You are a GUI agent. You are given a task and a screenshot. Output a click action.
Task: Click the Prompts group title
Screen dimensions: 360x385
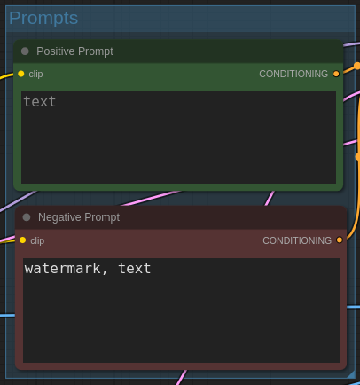point(43,19)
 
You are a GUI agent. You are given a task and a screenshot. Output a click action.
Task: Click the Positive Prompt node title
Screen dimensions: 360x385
point(74,51)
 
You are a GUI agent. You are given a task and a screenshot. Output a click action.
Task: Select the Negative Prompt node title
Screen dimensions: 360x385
point(79,217)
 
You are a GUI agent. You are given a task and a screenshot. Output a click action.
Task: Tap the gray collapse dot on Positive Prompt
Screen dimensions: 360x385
point(25,51)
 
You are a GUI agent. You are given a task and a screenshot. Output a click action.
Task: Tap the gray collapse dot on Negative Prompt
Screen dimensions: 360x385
point(27,217)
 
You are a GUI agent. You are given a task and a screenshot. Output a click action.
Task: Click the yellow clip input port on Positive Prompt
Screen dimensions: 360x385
point(21,74)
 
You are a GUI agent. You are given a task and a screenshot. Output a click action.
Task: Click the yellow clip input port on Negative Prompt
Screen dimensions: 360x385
point(23,240)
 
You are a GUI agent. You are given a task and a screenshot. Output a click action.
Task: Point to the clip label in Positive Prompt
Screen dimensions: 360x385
point(35,74)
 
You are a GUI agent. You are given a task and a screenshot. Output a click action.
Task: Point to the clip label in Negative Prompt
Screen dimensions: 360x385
point(37,240)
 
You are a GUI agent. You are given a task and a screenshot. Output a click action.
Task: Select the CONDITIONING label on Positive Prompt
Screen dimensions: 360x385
point(293,74)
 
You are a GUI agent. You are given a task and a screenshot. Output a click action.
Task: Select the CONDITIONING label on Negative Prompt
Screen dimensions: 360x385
point(297,240)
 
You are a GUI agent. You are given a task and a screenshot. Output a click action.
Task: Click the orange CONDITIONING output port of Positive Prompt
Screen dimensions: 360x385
point(336,74)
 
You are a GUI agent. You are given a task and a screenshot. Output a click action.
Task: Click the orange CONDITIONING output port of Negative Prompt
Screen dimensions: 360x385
point(340,240)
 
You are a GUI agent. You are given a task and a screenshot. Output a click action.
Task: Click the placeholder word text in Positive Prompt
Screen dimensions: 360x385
point(40,102)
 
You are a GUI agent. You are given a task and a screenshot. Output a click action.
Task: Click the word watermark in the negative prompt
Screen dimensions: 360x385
point(63,269)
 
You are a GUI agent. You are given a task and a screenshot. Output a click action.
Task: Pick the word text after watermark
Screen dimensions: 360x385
point(135,269)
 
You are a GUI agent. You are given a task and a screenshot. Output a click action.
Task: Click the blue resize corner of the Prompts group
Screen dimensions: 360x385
point(351,374)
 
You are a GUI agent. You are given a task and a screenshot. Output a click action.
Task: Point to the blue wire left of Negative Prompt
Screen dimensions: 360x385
point(7,316)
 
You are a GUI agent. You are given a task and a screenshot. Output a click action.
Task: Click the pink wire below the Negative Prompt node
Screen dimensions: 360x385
point(182,377)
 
